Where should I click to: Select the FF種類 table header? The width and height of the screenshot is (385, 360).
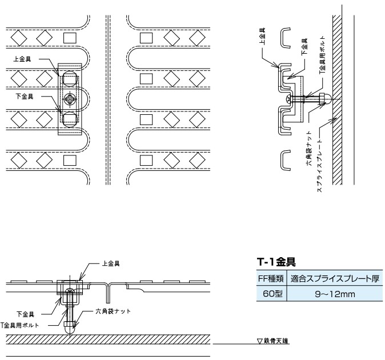(271, 280)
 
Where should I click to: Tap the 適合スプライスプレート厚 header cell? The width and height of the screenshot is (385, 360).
(335, 280)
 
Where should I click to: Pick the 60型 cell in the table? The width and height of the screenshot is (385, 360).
(271, 294)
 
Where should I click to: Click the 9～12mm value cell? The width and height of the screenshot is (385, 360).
(335, 294)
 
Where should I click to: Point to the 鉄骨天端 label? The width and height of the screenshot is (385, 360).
(276, 342)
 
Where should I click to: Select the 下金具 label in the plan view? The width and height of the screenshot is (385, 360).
(25, 97)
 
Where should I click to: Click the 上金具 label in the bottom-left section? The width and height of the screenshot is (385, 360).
(110, 264)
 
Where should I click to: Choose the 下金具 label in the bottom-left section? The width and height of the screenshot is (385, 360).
(26, 314)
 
